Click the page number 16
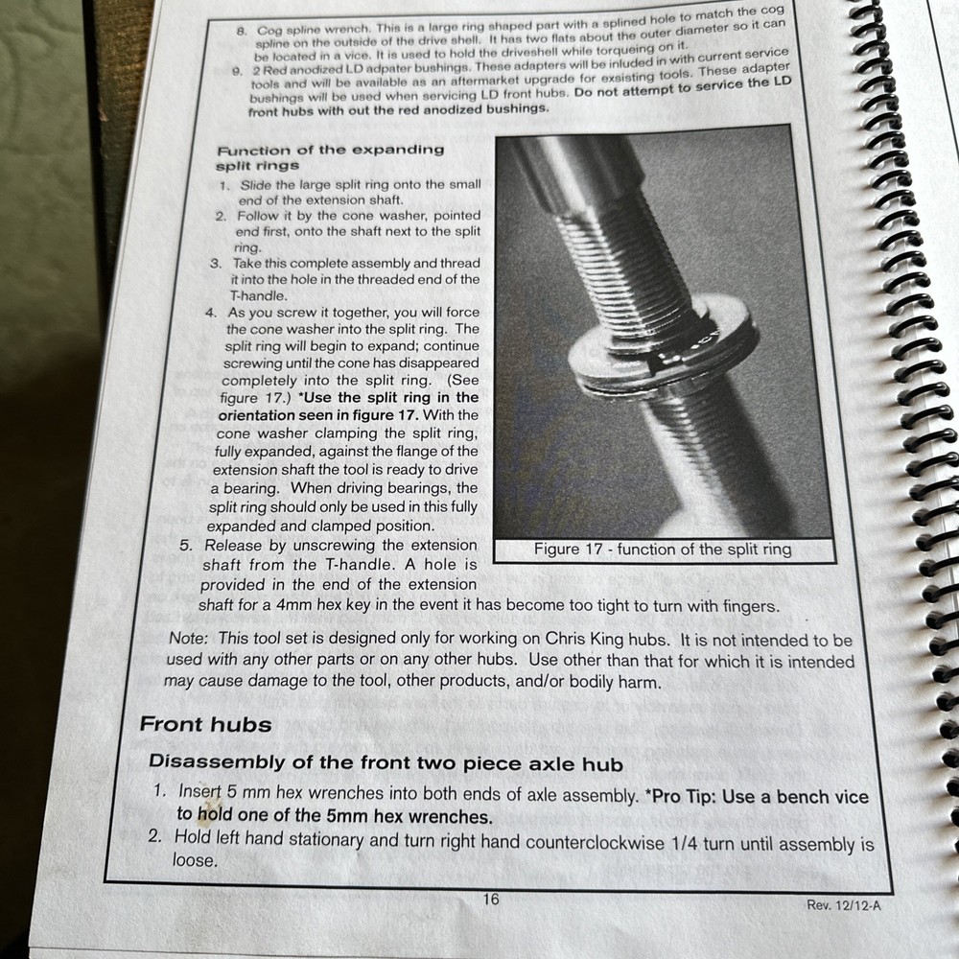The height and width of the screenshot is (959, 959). [490, 900]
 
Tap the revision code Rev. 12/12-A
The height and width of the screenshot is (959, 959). [844, 905]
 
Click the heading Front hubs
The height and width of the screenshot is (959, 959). [205, 725]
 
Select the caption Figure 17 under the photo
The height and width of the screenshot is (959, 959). [663, 550]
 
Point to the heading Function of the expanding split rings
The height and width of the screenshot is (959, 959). [330, 158]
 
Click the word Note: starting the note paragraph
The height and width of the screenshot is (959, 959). [188, 638]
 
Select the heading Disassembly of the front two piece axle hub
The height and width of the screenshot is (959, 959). [386, 763]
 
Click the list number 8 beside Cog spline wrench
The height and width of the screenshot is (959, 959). [241, 31]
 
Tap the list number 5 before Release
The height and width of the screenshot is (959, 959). [185, 546]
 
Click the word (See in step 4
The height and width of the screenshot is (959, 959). [463, 380]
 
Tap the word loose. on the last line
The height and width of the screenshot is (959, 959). [195, 860]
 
